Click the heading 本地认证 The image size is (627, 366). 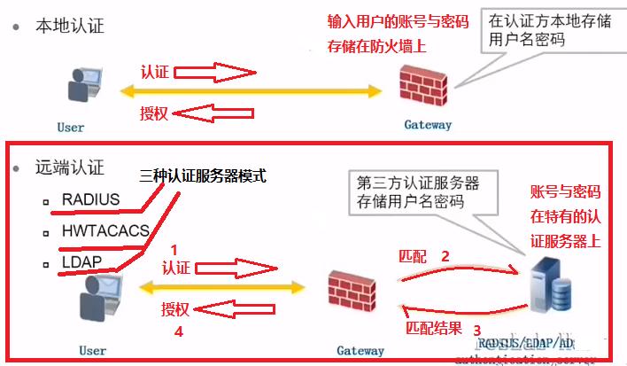coord(69,25)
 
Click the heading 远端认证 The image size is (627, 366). coord(69,167)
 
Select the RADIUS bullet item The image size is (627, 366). coord(90,199)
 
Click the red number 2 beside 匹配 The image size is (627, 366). coord(445,256)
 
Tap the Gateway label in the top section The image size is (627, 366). coord(428,125)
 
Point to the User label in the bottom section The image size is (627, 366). coord(93,351)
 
